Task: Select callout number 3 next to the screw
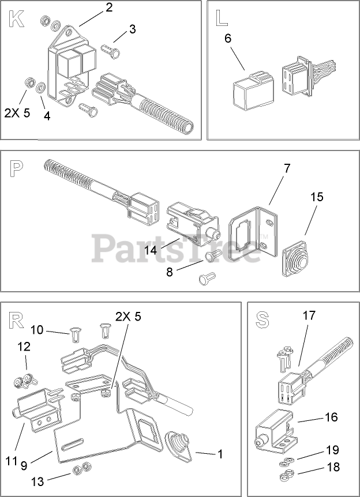133,28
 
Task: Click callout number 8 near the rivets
169,272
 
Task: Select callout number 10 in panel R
37,330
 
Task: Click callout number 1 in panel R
219,454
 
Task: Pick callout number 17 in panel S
309,316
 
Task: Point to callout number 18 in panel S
333,467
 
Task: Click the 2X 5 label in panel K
17,112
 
